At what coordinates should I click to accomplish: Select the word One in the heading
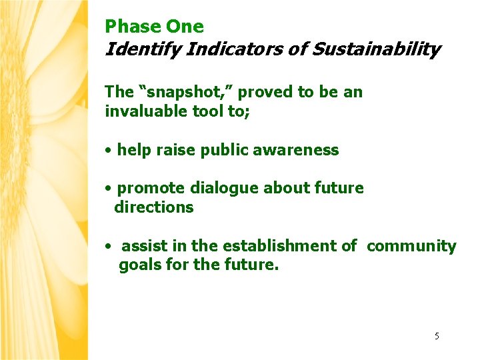pos(185,27)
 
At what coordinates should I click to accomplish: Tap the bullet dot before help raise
pos(108,151)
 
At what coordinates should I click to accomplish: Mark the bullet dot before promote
pos(108,189)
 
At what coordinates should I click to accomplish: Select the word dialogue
pos(227,188)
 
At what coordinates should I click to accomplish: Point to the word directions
pos(154,207)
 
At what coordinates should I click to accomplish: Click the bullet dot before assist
pos(108,247)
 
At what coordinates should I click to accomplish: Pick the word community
pos(411,246)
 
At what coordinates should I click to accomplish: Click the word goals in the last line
pos(137,265)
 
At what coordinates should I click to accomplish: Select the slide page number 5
pos(437,336)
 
